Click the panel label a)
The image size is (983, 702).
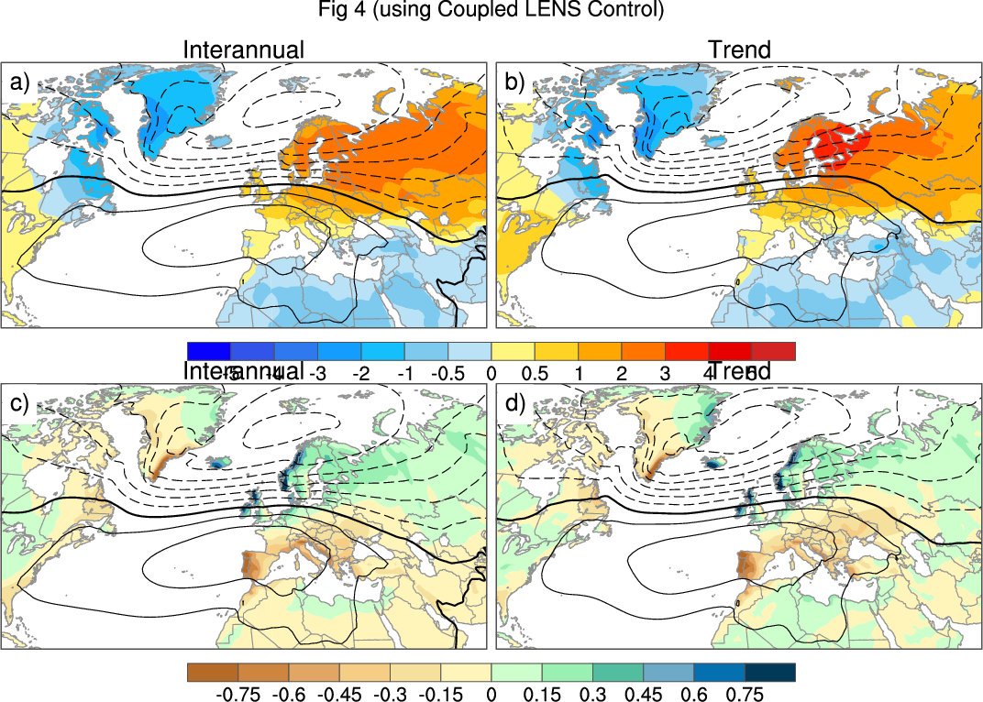[19, 83]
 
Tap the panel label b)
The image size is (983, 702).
[514, 83]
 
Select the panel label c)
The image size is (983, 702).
[19, 402]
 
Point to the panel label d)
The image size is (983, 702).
[514, 402]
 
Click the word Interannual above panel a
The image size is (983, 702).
[243, 50]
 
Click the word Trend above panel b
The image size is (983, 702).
[739, 50]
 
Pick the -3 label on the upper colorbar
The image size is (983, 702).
[317, 374]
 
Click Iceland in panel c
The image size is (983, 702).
[218, 464]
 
